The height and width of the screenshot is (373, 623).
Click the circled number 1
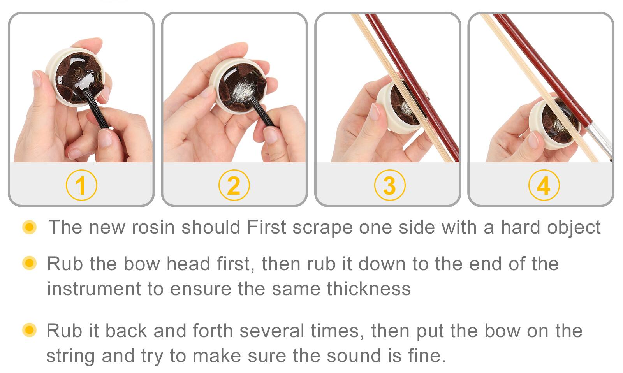[x=81, y=185]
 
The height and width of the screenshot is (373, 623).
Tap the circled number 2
[x=234, y=185]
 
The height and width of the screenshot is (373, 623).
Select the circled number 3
[x=389, y=185]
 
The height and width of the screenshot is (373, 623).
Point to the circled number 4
[x=544, y=185]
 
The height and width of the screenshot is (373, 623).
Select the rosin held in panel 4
[x=553, y=121]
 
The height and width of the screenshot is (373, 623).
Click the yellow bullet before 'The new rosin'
[x=30, y=227]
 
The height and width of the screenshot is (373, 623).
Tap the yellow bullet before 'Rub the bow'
[x=30, y=263]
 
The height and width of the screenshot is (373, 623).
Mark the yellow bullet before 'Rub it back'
[x=30, y=330]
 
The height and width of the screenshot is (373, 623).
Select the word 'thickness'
[x=369, y=289]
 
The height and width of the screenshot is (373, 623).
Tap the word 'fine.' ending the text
[x=427, y=355]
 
